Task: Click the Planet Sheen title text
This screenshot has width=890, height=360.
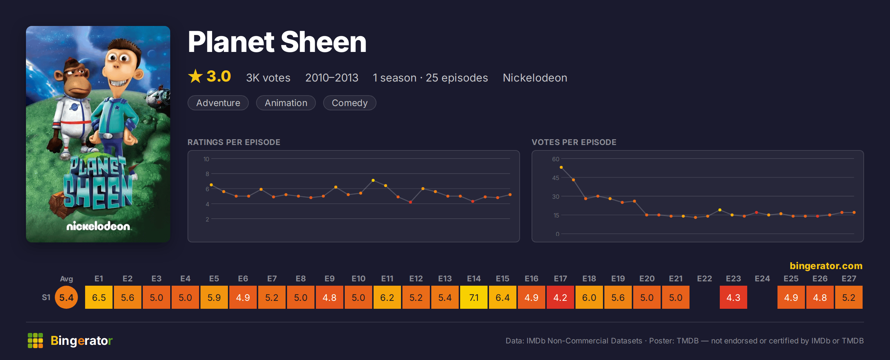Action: tap(277, 42)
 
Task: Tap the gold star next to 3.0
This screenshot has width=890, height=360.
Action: tap(195, 76)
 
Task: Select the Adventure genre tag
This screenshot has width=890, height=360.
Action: tap(218, 103)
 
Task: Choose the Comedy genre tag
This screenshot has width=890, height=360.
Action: tap(349, 103)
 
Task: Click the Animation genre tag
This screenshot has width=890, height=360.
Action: tap(286, 103)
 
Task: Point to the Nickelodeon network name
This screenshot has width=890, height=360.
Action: tap(535, 78)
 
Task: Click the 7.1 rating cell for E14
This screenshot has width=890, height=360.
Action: tap(474, 297)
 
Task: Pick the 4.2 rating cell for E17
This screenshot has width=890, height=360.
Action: tap(560, 297)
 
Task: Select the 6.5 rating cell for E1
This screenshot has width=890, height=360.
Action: tap(99, 297)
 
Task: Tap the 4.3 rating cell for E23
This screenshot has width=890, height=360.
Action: tap(733, 297)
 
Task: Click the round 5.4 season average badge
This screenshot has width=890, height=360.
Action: tap(66, 297)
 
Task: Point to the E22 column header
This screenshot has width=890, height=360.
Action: tap(704, 278)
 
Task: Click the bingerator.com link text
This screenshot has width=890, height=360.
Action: tap(826, 266)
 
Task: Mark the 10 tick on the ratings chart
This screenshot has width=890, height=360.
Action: tap(206, 159)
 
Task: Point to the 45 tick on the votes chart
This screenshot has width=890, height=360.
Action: tap(556, 178)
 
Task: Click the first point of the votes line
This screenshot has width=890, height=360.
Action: tap(561, 167)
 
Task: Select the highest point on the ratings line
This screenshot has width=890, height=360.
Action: tap(373, 180)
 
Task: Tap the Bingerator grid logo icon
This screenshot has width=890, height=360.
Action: tap(35, 341)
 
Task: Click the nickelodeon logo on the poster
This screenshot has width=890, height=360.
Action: tap(98, 226)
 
